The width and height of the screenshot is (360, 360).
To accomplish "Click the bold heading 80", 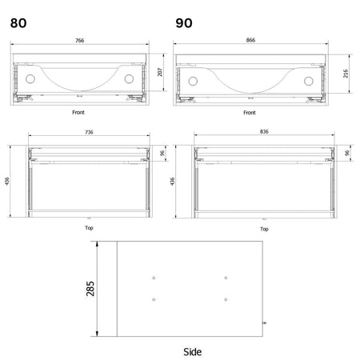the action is (x=18, y=23).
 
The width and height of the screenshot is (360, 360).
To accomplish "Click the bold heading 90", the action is (x=184, y=23).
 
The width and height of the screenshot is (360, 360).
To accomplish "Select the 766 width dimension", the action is (x=80, y=41).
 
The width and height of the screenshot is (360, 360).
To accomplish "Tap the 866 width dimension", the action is (x=250, y=40).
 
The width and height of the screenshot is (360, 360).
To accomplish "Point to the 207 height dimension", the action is (x=160, y=72).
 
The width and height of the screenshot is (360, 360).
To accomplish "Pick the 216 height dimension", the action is (x=346, y=74).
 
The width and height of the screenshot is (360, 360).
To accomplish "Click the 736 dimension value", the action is (x=89, y=132).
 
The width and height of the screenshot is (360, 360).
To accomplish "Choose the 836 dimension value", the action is (x=264, y=131).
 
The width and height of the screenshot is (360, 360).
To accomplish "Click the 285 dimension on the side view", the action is (x=90, y=289).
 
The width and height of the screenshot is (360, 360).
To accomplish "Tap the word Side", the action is (x=192, y=352).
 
